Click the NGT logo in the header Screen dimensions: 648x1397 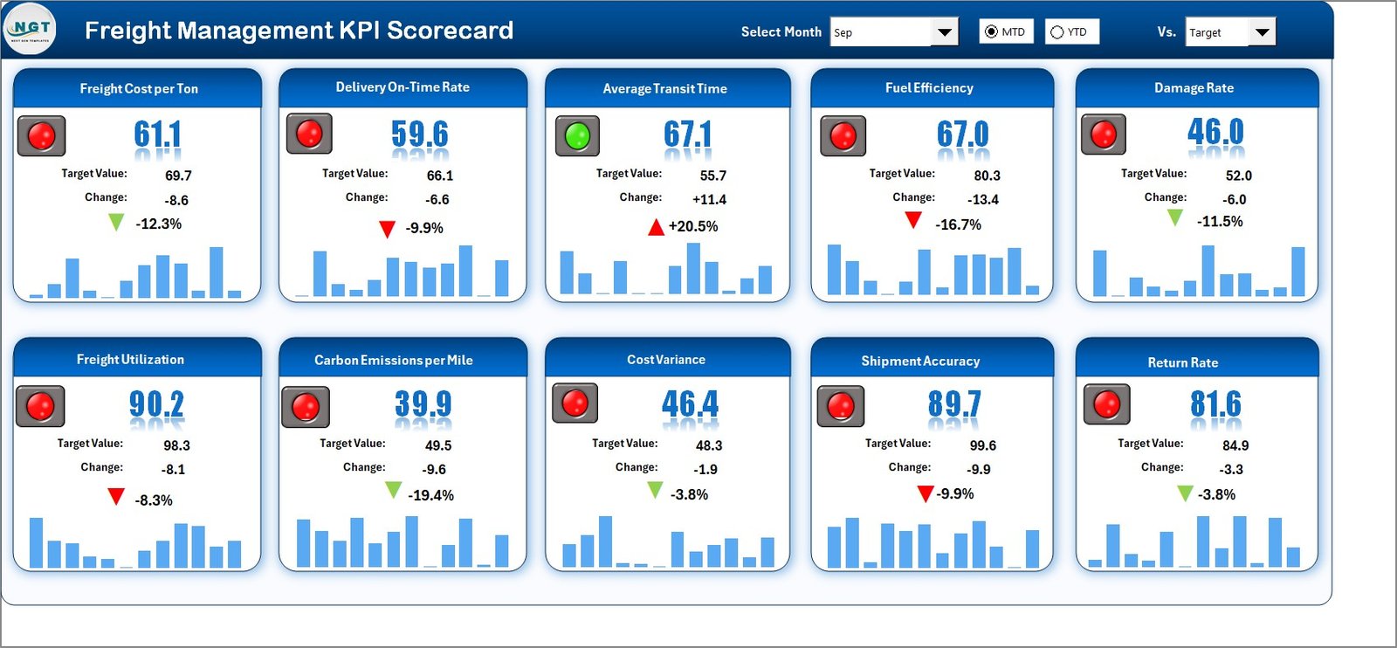coord(30,29)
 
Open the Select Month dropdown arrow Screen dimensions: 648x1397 coord(944,32)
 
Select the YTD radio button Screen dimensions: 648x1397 coord(1057,32)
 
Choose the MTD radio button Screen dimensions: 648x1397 coord(991,32)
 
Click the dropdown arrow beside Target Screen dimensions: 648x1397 coord(1262,32)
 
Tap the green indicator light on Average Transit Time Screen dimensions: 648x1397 coord(577,136)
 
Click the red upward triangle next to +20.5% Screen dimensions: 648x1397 coord(656,228)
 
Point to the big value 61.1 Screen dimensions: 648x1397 coord(158,134)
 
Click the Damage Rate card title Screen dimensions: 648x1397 coord(1194,88)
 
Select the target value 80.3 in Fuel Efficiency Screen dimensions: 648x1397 coord(987,176)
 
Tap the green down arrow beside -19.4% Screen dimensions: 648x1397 coord(394,490)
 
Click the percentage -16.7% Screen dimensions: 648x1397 coord(958,224)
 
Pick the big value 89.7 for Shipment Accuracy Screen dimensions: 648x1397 coord(954,403)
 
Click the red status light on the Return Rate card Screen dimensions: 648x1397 coord(1106,404)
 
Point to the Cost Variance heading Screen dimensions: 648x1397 coord(666,360)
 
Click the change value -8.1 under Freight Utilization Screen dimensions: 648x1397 coord(173,469)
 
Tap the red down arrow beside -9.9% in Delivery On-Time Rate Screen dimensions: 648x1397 coord(387,230)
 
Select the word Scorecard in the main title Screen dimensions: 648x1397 coord(450,31)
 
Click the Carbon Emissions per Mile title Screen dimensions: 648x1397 coord(394,360)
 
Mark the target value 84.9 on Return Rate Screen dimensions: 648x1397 coord(1235,445)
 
